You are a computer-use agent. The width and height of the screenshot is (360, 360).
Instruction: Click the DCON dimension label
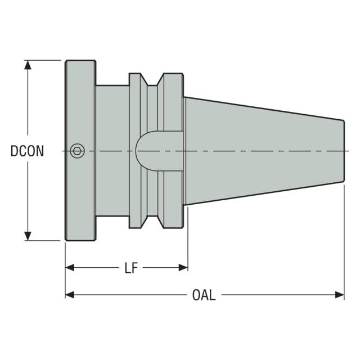(27, 151)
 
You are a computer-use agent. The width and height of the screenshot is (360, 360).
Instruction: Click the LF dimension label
(131, 268)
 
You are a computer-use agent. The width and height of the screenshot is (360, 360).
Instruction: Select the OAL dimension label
(204, 295)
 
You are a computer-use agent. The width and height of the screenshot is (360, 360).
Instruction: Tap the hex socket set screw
(77, 151)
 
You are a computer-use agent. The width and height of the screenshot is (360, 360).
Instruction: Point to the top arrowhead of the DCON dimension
(28, 65)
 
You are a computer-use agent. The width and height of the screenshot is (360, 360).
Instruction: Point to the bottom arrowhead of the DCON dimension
(28, 236)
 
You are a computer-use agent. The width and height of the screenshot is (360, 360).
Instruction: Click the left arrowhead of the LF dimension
(70, 268)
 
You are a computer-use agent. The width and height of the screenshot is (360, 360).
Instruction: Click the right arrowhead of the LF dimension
(183, 268)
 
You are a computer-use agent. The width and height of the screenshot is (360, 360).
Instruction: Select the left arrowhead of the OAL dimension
(70, 295)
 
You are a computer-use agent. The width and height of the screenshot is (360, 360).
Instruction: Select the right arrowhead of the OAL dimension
(340, 295)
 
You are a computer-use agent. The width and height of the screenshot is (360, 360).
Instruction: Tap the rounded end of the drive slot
(140, 151)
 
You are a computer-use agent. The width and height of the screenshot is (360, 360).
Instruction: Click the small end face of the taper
(344, 151)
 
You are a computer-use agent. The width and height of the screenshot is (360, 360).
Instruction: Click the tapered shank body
(264, 151)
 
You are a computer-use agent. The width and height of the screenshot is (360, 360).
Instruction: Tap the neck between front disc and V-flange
(112, 151)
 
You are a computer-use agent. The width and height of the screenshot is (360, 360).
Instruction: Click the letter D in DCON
(14, 151)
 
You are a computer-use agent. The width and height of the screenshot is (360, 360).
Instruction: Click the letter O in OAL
(196, 295)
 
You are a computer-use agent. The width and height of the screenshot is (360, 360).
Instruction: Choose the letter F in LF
(134, 268)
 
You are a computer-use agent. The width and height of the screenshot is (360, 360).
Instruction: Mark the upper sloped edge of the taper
(264, 109)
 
